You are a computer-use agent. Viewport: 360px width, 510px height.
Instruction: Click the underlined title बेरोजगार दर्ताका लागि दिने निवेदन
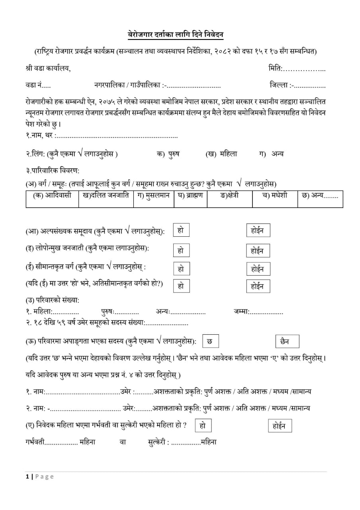(x=176, y=35)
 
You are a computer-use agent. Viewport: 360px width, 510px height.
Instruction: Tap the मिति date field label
(x=276, y=69)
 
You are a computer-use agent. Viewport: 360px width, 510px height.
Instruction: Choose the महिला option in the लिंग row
(x=228, y=154)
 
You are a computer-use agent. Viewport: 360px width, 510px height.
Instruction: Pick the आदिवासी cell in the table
(x=53, y=196)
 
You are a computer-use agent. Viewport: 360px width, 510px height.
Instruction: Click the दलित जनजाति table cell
(x=106, y=196)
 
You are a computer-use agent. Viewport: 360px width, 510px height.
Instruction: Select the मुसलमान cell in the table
(x=153, y=196)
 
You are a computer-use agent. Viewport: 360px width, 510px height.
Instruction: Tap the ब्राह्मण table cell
(x=190, y=196)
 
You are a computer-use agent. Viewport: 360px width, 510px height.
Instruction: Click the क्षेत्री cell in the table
(x=229, y=196)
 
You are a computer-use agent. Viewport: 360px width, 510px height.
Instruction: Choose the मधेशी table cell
(x=275, y=196)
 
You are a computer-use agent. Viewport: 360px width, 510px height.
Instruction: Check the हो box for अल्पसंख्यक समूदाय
(x=181, y=230)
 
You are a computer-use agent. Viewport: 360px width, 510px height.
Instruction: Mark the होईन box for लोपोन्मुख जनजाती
(x=258, y=251)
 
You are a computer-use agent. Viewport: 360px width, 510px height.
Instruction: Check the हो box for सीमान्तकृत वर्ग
(x=181, y=269)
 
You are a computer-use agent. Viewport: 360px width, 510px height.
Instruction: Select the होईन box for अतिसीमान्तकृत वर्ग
(x=258, y=286)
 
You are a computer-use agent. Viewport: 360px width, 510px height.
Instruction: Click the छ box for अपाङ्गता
(x=210, y=341)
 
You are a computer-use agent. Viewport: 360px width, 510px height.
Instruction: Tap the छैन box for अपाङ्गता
(x=287, y=341)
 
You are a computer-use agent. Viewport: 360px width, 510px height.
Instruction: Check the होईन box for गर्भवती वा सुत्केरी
(x=280, y=426)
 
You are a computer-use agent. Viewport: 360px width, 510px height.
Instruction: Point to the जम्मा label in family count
(x=241, y=312)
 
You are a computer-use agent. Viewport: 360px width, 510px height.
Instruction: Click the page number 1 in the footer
(x=27, y=477)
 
